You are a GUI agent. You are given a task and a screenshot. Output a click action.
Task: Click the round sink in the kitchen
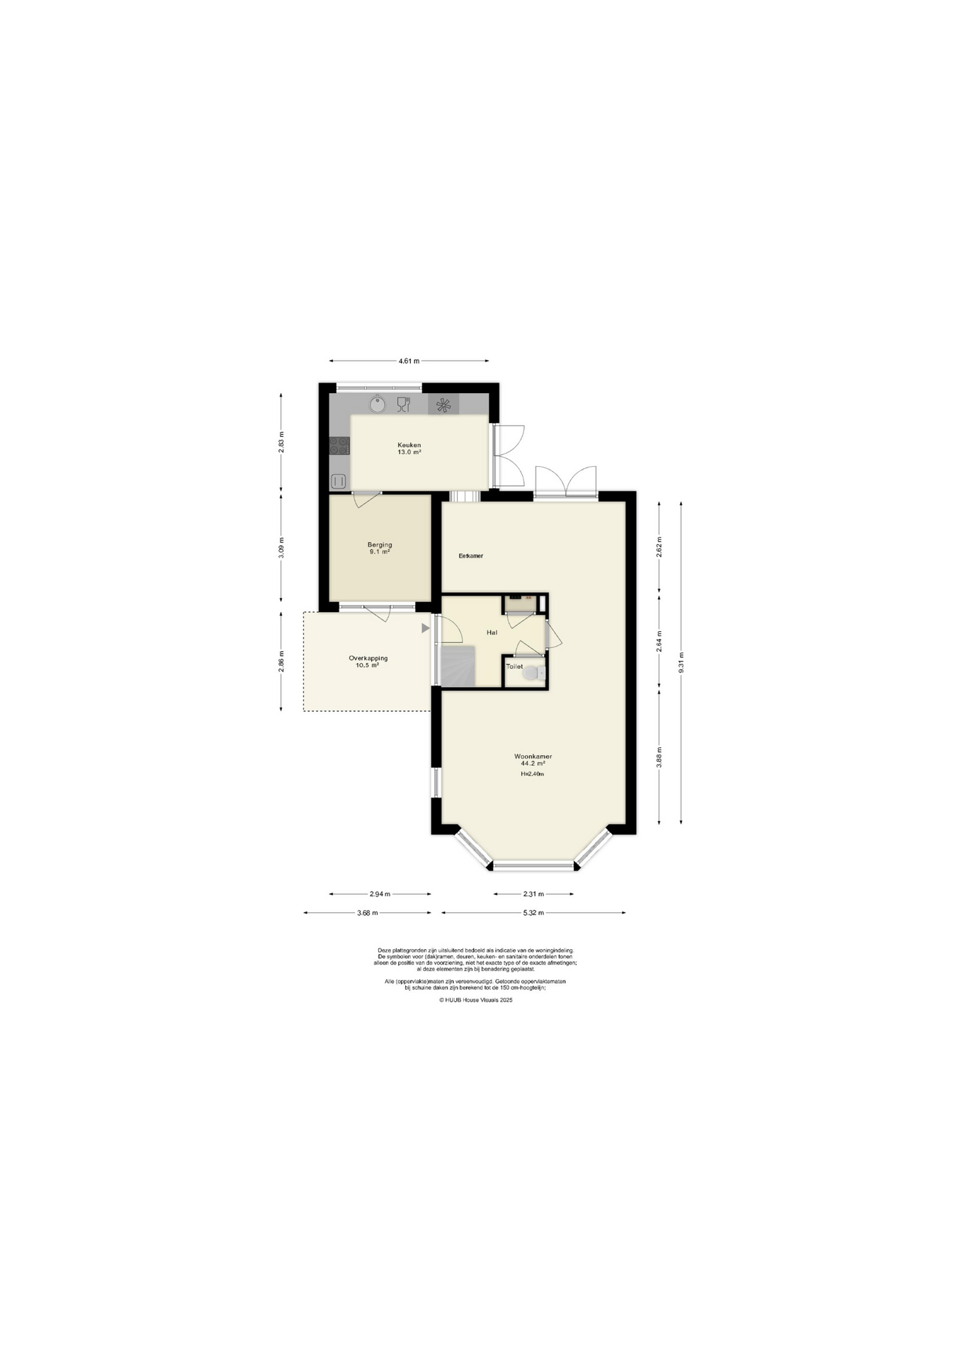[378, 404]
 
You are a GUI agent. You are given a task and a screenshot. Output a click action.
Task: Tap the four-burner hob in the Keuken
[339, 446]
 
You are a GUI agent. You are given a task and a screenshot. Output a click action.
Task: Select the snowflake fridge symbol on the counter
[443, 405]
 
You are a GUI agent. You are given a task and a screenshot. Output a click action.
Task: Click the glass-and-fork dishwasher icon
[404, 404]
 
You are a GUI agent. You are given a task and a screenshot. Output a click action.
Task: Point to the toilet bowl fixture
[532, 674]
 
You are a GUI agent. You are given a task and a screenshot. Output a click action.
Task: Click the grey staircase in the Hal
[458, 666]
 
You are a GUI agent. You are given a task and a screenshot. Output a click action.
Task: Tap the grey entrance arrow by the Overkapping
[426, 628]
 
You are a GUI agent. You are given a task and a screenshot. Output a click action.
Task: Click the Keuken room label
[409, 446]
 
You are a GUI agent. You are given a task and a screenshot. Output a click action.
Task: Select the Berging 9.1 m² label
[380, 548]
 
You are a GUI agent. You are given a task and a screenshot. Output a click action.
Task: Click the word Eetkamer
[471, 556]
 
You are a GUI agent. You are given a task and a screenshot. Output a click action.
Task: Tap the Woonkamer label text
[533, 756]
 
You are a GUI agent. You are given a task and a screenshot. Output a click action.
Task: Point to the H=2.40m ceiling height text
[532, 774]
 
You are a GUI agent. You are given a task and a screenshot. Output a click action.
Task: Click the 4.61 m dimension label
[409, 361]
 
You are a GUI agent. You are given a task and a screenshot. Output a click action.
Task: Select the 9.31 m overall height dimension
[681, 663]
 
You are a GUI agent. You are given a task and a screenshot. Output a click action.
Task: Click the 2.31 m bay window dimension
[533, 894]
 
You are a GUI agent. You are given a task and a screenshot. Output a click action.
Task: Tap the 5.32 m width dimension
[533, 913]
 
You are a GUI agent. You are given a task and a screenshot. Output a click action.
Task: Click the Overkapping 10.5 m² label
[368, 662]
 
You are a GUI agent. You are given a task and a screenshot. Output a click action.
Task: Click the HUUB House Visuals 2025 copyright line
[475, 1000]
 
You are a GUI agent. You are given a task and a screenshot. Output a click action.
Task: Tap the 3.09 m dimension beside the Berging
[281, 548]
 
